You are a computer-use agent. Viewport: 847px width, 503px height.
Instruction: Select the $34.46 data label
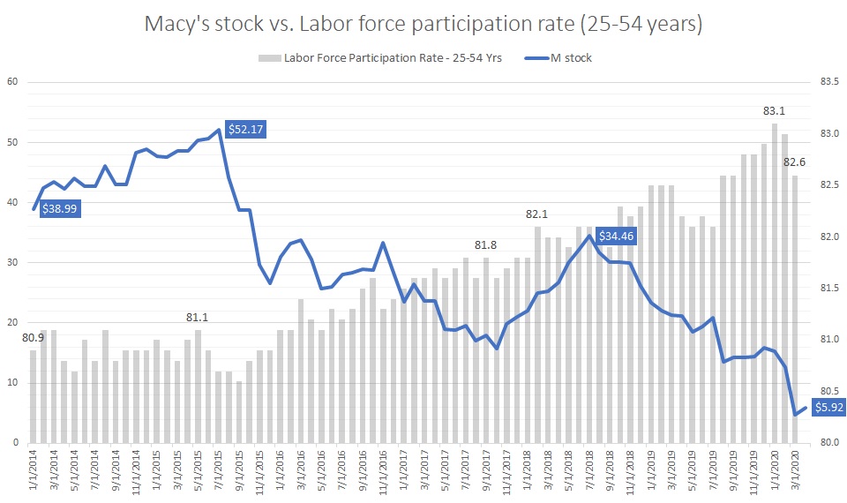click(x=615, y=236)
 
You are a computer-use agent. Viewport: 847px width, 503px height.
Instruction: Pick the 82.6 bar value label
click(x=796, y=161)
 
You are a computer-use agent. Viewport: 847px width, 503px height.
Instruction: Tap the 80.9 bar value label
click(x=34, y=337)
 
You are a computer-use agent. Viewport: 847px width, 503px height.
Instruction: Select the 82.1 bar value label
click(x=536, y=214)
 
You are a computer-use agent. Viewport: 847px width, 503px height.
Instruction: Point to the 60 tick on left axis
click(x=13, y=83)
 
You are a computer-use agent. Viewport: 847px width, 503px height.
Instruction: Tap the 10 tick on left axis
click(x=13, y=382)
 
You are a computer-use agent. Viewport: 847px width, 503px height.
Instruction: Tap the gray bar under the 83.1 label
click(x=775, y=282)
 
